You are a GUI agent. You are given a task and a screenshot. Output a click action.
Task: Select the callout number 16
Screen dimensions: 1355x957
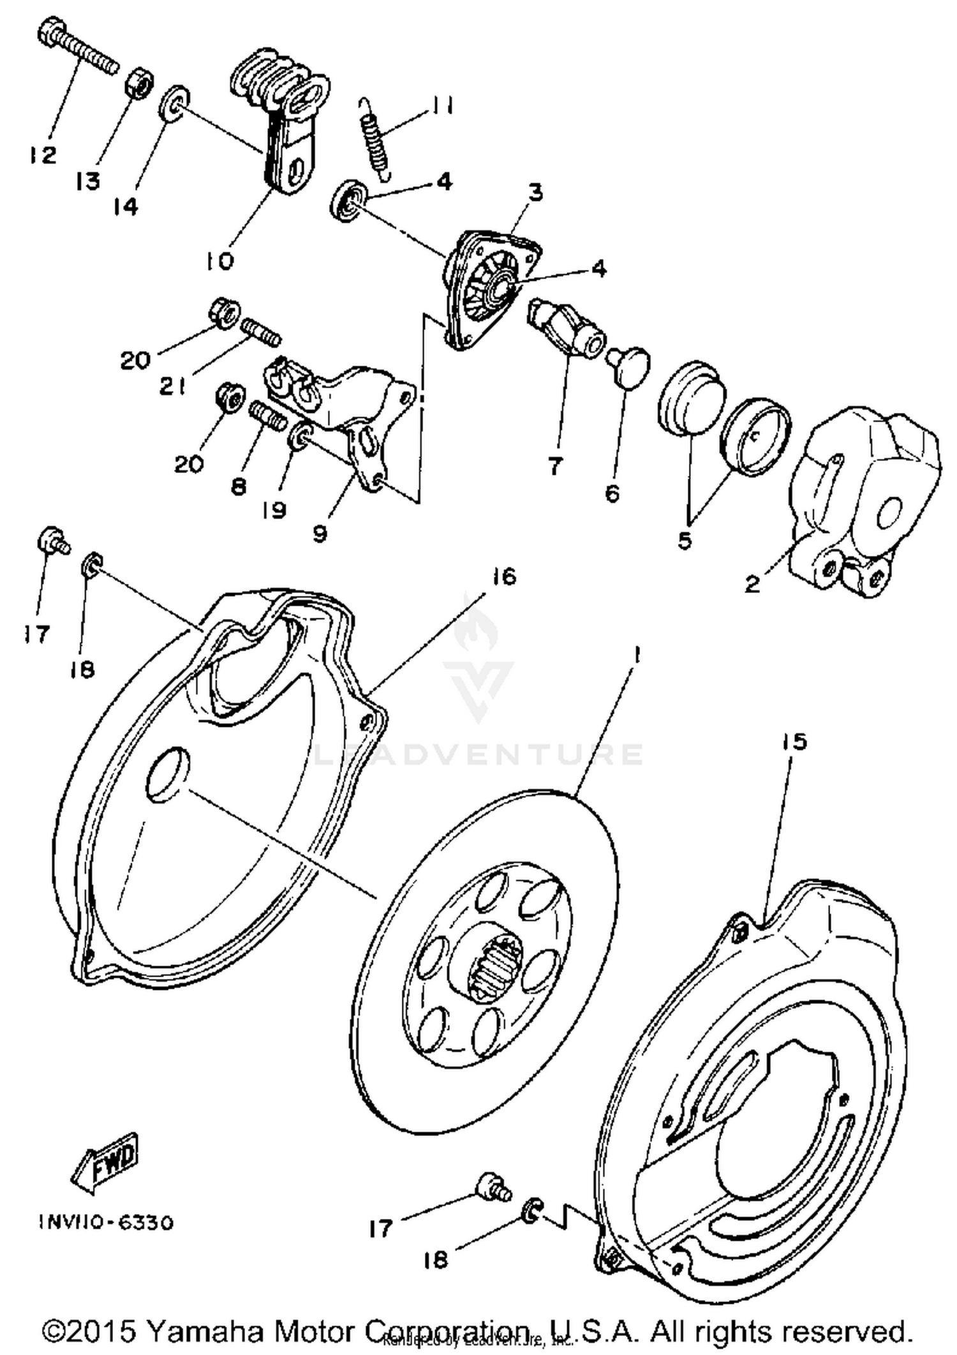504,577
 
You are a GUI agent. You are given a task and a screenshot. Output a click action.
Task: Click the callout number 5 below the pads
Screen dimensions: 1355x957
685,541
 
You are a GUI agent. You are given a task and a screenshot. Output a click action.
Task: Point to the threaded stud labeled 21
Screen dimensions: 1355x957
261,333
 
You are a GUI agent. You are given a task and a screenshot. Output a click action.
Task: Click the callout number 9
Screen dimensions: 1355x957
320,533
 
